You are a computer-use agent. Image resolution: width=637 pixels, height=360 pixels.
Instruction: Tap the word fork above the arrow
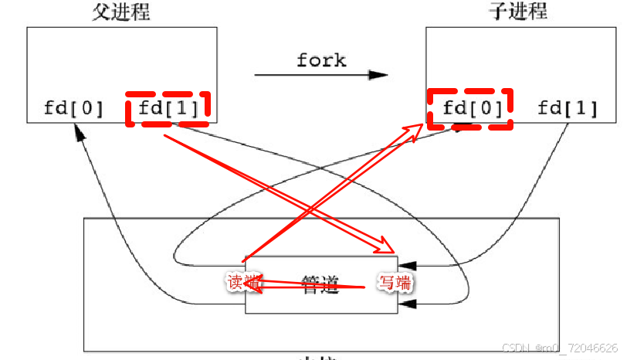pos(321,59)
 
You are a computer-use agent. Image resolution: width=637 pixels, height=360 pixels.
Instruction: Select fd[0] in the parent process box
pos(74,108)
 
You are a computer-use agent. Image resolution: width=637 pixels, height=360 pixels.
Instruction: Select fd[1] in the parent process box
pos(168,108)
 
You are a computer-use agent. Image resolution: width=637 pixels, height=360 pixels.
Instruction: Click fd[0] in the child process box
pos(469,108)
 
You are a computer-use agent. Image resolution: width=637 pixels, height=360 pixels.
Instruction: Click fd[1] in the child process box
pos(568,108)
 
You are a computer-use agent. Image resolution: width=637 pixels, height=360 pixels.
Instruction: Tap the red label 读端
pos(239,283)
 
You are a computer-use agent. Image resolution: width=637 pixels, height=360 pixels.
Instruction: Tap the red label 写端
pos(395,283)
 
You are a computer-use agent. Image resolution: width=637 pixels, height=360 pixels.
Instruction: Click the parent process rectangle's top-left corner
pos(28,28)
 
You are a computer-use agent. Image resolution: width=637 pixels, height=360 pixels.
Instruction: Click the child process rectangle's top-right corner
pos(615,28)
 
